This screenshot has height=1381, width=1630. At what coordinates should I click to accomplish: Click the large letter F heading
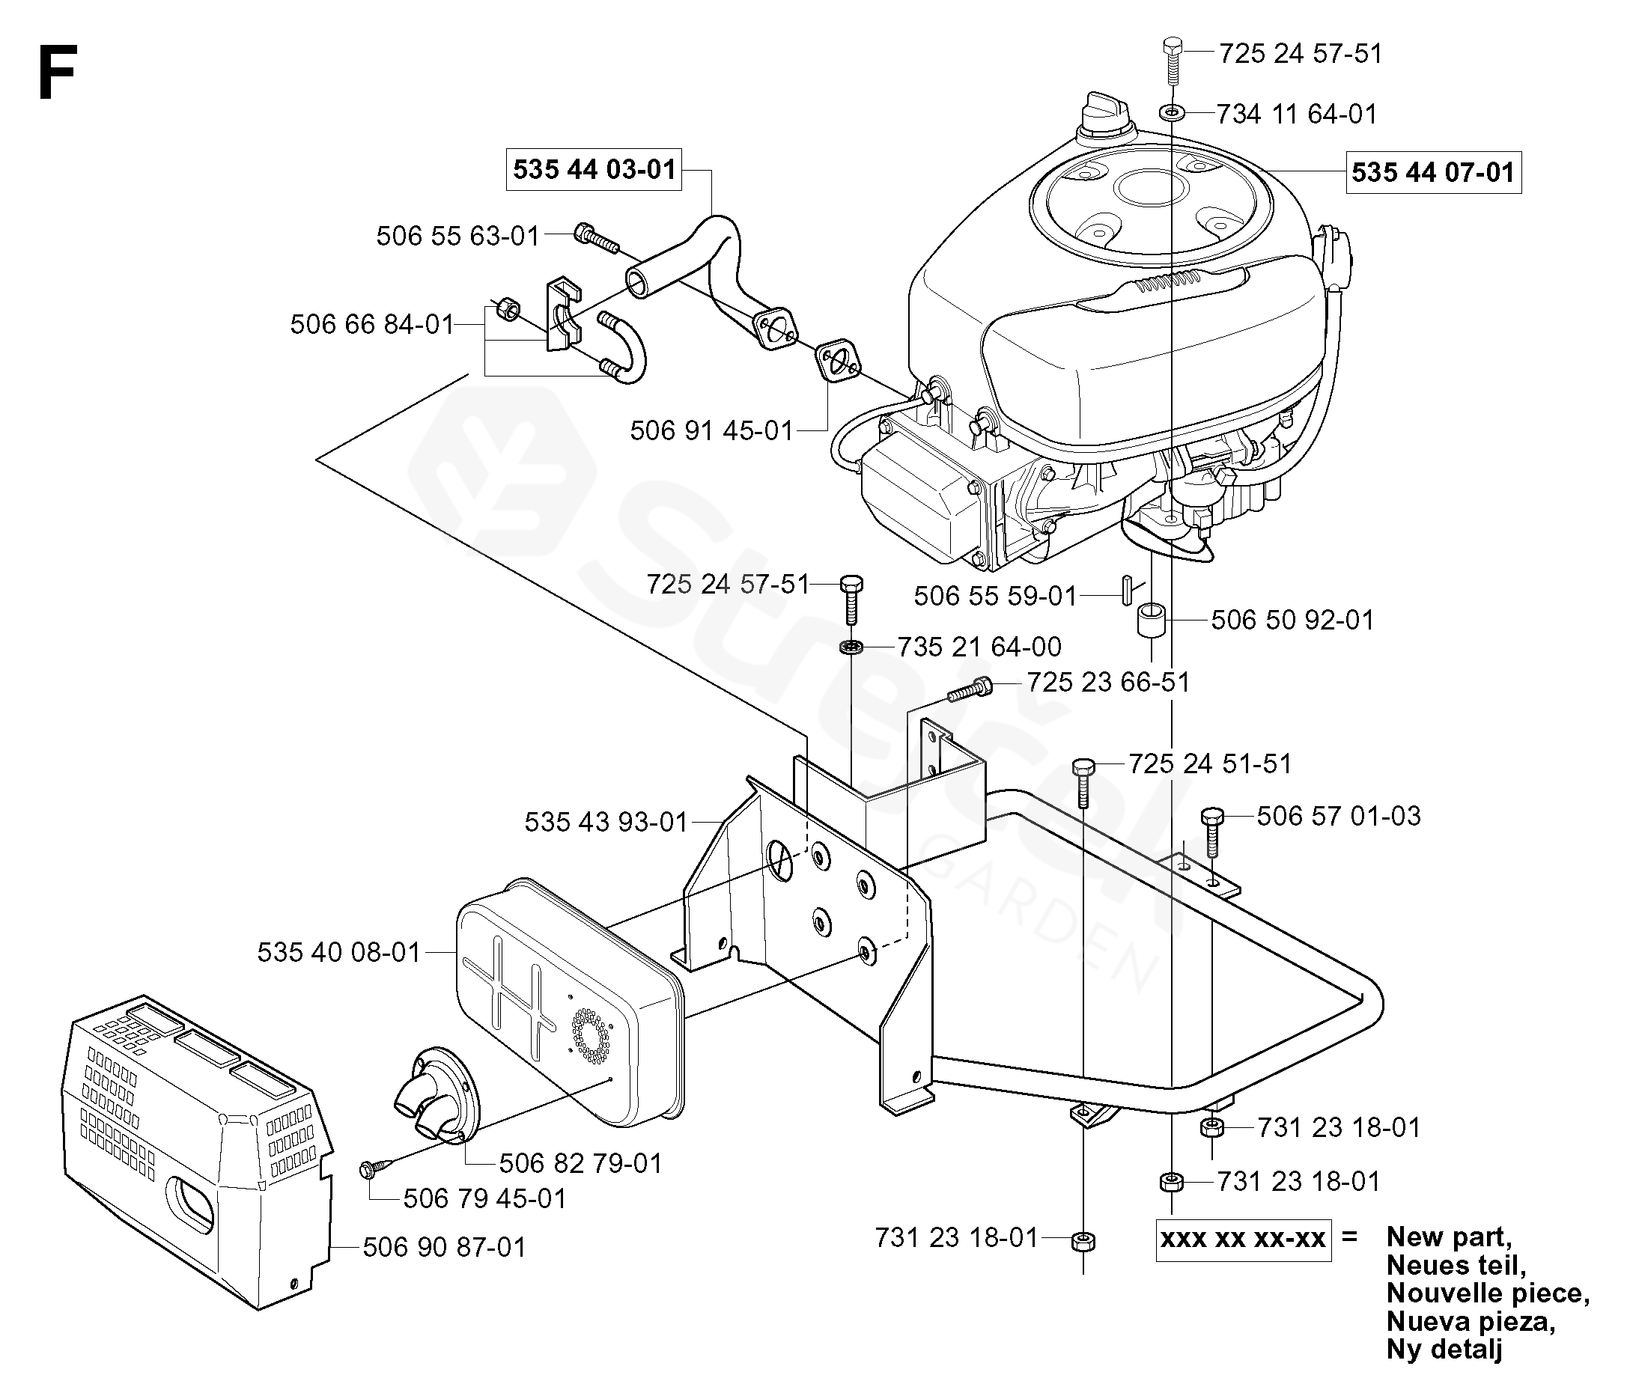coord(56,72)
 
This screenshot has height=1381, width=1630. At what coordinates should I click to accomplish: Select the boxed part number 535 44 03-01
coord(594,169)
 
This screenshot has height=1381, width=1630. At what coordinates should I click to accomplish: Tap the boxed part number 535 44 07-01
coord(1433,172)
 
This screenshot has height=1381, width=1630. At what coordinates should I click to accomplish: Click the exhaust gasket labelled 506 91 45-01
coord(837,362)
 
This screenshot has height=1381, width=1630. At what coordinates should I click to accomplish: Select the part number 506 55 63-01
coord(458,236)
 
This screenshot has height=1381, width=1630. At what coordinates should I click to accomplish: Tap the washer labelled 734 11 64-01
coord(1172,113)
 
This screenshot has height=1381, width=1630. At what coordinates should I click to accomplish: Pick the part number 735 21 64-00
coord(979,647)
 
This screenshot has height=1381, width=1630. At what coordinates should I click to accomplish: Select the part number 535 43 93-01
coord(605,822)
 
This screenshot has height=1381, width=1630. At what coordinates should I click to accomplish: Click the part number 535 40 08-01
coord(339,952)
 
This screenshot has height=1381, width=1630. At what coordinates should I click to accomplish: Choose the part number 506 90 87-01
coord(444,1247)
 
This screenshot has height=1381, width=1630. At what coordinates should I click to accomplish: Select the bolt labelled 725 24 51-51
coord(1083,783)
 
